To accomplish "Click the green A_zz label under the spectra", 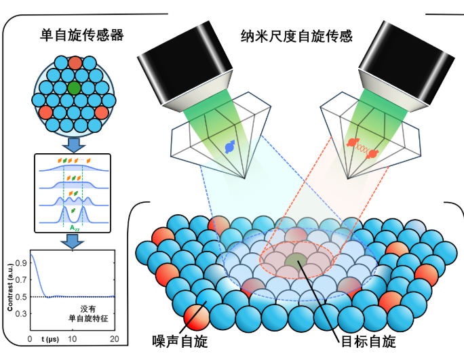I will [74, 229].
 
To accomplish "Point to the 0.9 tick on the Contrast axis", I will [22, 258].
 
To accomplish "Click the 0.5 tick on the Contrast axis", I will [22, 296].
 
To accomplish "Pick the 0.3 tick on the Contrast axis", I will [22, 314].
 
